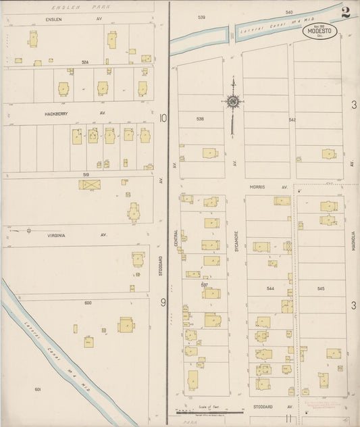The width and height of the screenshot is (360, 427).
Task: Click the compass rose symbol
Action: (232, 102)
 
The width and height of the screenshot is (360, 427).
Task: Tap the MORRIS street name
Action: (256, 186)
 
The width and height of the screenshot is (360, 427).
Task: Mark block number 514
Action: (86, 62)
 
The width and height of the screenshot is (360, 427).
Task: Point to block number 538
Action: (200, 119)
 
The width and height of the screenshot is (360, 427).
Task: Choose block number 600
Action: (87, 303)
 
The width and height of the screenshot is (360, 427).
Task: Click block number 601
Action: (38, 389)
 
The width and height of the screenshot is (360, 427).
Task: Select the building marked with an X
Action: (90, 184)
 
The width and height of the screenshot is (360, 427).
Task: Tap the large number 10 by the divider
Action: (162, 118)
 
